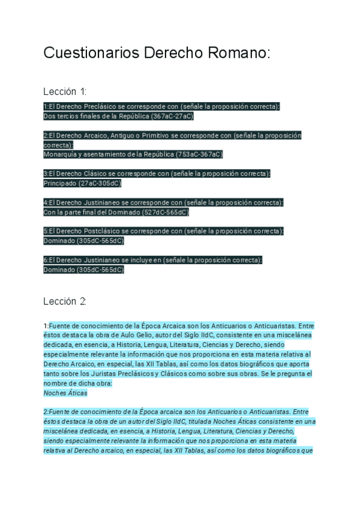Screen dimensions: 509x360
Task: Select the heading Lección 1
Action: click(65, 92)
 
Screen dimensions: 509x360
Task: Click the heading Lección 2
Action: click(65, 301)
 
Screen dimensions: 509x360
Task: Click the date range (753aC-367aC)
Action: click(199, 154)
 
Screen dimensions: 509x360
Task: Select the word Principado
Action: click(60, 183)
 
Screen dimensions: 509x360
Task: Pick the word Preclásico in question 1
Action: click(89, 106)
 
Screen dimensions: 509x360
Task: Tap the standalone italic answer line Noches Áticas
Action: click(65, 393)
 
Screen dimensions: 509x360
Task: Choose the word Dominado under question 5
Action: click(58, 241)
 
